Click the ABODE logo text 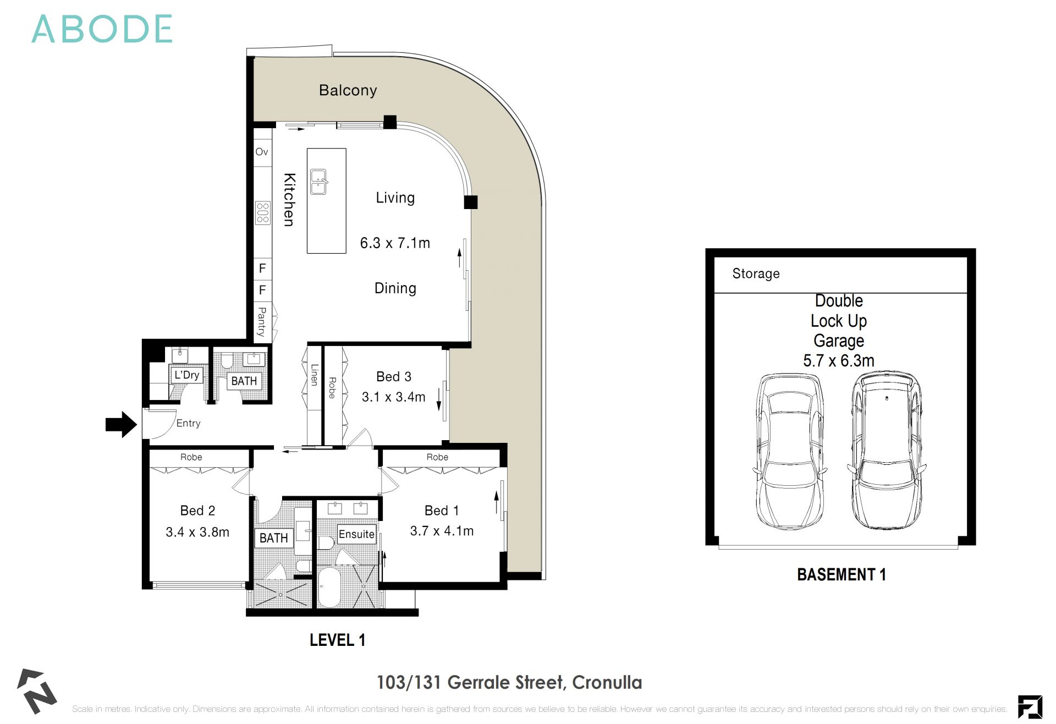coord(102,29)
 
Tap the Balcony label coord(348,90)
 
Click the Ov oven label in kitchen coord(262,152)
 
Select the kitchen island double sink coord(319,182)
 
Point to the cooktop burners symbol coord(263,213)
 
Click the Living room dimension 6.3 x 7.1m coord(395,243)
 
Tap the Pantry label coord(262,322)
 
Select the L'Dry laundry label coord(186,375)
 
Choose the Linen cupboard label coord(314,375)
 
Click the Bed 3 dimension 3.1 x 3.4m coord(393,397)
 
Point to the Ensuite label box coord(356,534)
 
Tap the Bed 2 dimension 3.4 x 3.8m coord(197,532)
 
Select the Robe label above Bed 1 coord(437,457)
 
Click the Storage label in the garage coord(756,273)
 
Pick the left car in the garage coord(789,451)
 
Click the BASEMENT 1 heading coord(841,574)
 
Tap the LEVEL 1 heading coord(337,640)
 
